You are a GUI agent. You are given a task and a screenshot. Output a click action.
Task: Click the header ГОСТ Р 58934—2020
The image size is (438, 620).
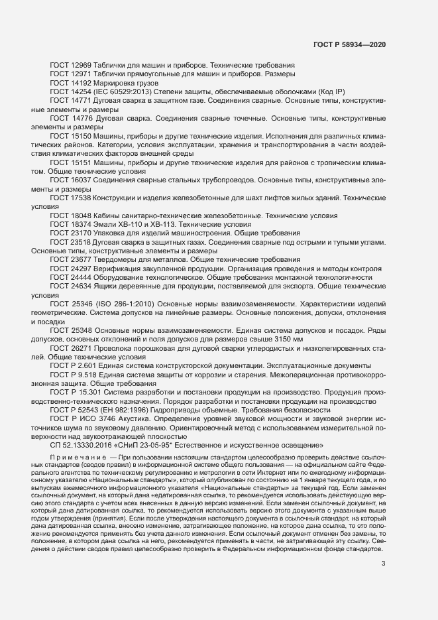coord(349,44)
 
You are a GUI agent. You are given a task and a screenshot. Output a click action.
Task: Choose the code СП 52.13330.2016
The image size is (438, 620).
coord(82,444)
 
